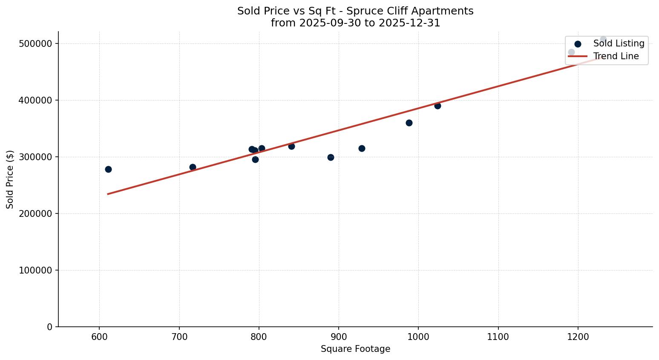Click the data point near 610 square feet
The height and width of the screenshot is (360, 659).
click(108, 169)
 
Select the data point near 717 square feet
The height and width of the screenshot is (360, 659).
click(193, 167)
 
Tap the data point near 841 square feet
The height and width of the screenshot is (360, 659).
click(291, 146)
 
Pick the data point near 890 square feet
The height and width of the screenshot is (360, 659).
click(331, 157)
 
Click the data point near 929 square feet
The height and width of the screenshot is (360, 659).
click(362, 148)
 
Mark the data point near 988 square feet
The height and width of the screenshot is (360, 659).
click(409, 123)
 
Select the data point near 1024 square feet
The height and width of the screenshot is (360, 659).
click(437, 106)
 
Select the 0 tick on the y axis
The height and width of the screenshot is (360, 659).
click(50, 327)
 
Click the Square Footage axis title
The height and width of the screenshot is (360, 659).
click(355, 349)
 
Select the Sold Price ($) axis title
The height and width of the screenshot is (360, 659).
click(10, 179)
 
